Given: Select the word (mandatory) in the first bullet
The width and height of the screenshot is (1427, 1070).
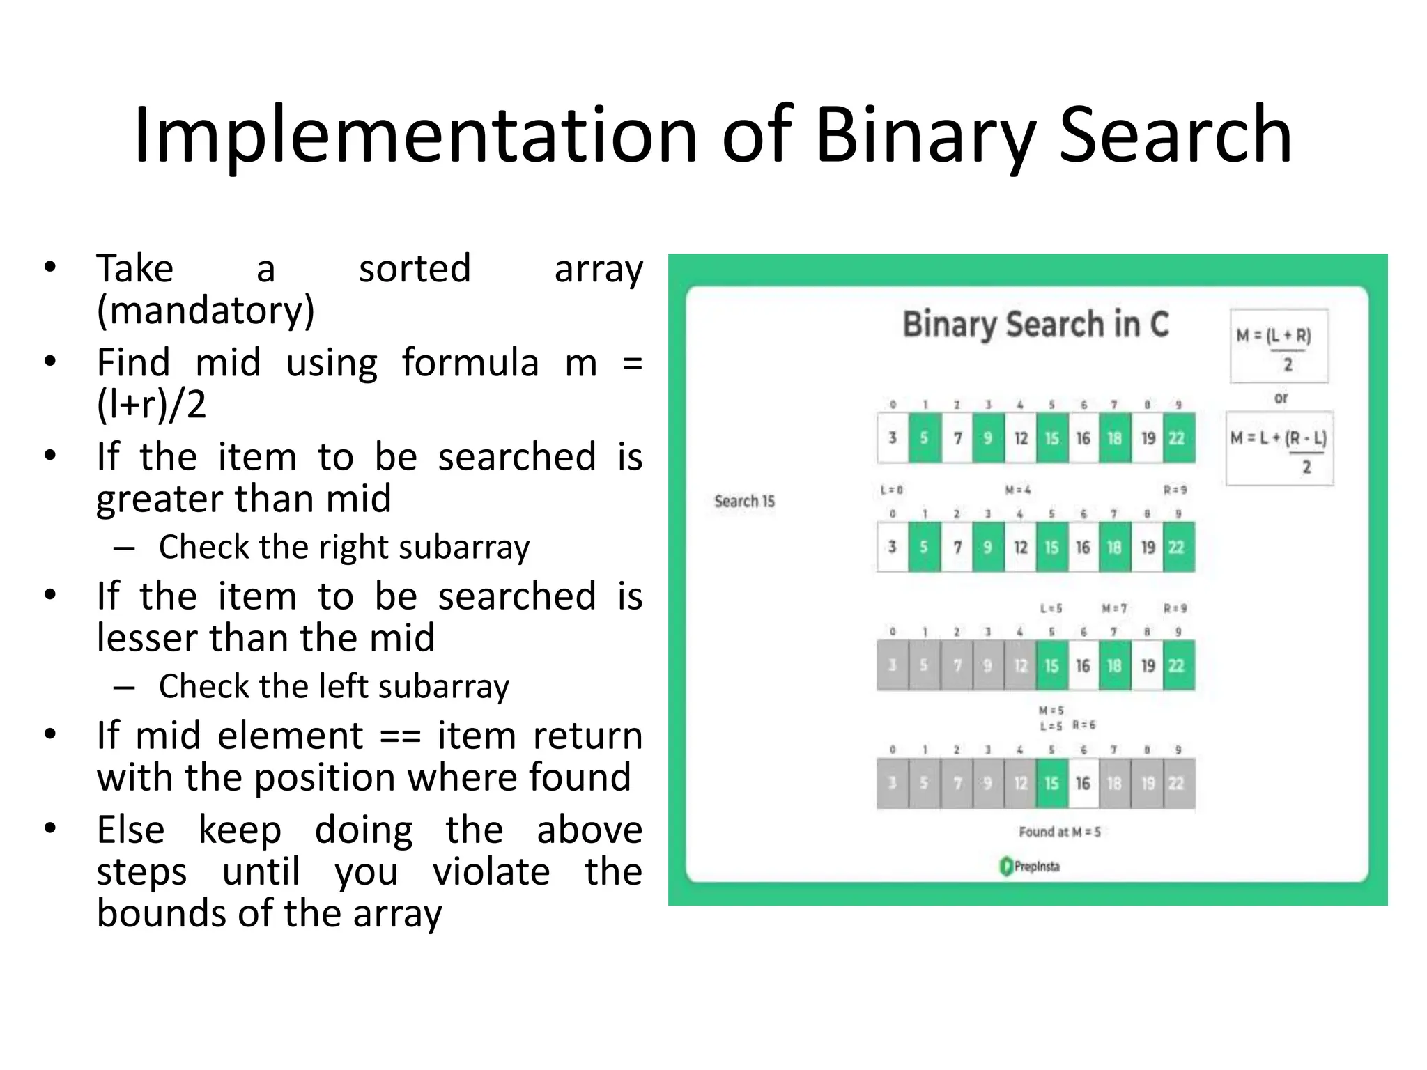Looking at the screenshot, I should coord(206,310).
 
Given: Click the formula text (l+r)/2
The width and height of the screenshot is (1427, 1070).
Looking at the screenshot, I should coord(151,404).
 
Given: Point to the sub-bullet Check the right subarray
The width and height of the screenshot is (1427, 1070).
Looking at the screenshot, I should coord(344,547).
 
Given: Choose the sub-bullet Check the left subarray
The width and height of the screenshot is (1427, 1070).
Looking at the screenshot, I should coord(334,686).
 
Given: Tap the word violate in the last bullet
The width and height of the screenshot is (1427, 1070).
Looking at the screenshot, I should coord(491,871).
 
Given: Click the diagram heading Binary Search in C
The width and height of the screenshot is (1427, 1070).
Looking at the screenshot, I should coord(1035,325).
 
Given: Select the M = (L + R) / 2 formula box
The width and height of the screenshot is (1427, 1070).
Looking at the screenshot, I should coord(1279,346).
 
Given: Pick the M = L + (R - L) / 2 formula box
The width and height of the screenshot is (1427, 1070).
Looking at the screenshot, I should coord(1279,448).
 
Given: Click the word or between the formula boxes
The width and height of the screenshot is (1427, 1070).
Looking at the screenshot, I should coord(1281,398).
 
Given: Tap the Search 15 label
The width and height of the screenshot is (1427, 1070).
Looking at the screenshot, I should coord(744,501).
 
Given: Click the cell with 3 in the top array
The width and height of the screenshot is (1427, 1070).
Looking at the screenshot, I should coord(893,437).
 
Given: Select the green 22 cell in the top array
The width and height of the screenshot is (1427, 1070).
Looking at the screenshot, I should coord(1177,437).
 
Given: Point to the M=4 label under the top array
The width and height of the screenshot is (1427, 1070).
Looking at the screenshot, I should coord(1018,490).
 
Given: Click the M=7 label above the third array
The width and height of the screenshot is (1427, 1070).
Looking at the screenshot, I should coord(1113,608).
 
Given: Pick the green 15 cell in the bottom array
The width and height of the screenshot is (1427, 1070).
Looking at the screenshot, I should coord(1051,783).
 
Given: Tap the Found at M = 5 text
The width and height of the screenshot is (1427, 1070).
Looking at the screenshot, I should coord(1059,832).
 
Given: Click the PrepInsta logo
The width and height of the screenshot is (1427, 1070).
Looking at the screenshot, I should coord(1030,866).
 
